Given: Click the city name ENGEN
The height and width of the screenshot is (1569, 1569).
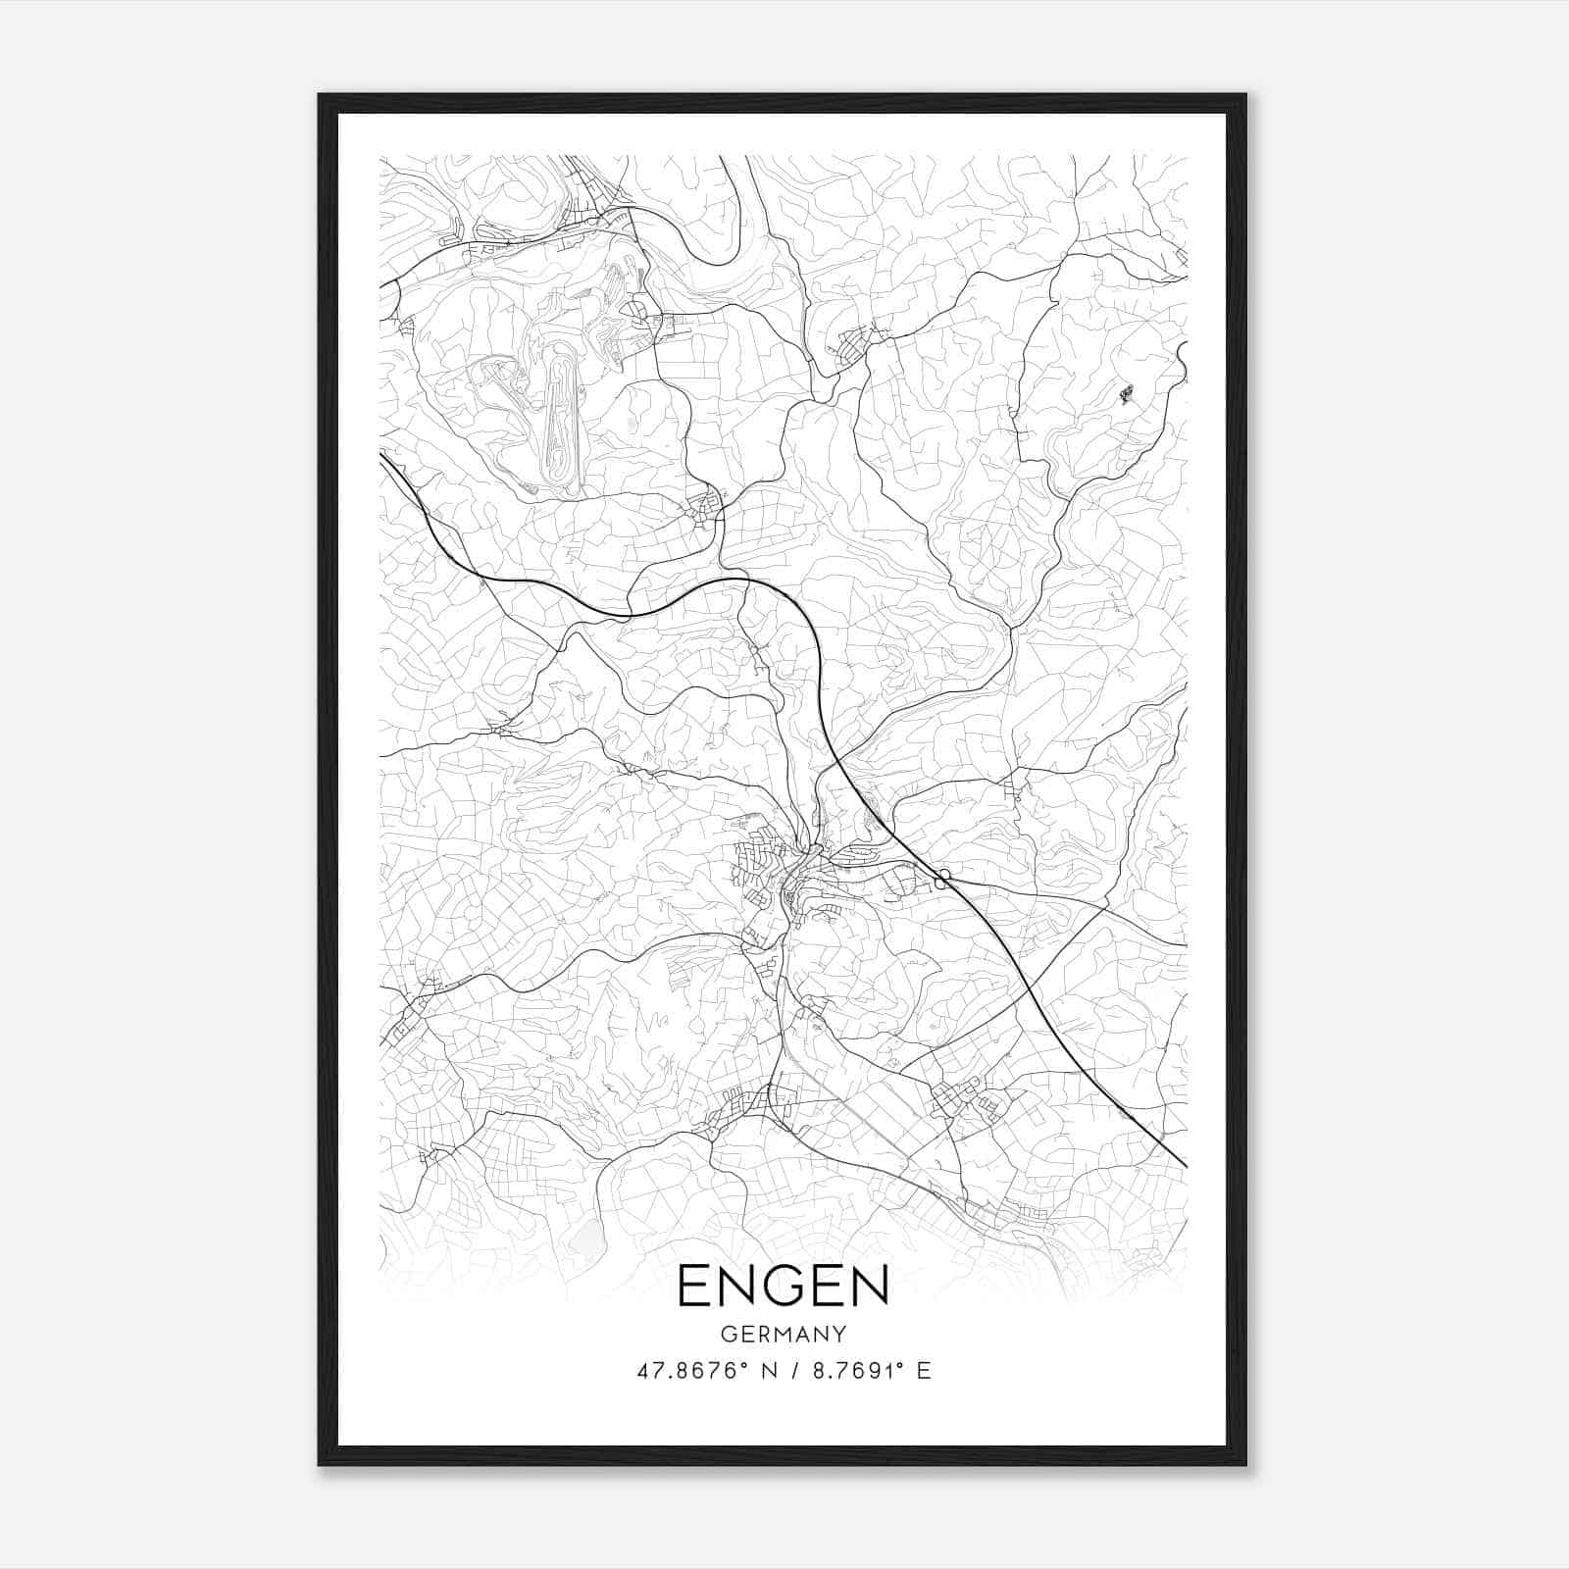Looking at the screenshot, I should [783, 1286].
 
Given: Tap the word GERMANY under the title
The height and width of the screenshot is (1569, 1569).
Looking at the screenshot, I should [783, 1335].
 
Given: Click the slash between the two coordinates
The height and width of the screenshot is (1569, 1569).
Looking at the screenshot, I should [791, 1371].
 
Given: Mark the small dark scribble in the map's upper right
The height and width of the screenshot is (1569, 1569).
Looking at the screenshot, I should [1124, 394].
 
